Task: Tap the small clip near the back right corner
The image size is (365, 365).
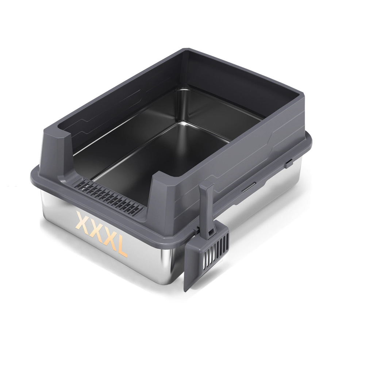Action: coord(289,163)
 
